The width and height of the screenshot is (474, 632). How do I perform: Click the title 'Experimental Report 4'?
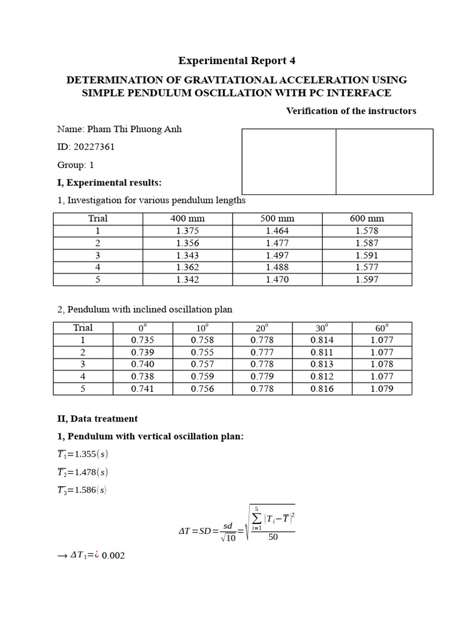[x=232, y=60]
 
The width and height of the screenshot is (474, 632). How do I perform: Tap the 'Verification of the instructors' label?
[x=351, y=111]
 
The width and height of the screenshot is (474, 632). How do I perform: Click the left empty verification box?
[x=289, y=162]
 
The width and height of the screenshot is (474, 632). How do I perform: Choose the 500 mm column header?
[x=277, y=218]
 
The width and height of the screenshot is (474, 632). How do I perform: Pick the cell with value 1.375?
[x=187, y=231]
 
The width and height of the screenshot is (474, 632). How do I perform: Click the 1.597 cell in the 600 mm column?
[x=367, y=280]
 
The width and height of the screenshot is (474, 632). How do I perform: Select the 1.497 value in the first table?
[x=277, y=255]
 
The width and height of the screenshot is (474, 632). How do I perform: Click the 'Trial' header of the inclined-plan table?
[x=83, y=328]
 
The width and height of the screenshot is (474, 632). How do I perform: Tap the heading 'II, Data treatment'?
[x=97, y=418]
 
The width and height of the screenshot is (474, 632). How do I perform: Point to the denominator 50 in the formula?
[x=273, y=537]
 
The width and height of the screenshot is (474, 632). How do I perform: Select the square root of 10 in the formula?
[x=228, y=538]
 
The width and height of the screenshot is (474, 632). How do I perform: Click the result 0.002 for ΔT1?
[x=113, y=556]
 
